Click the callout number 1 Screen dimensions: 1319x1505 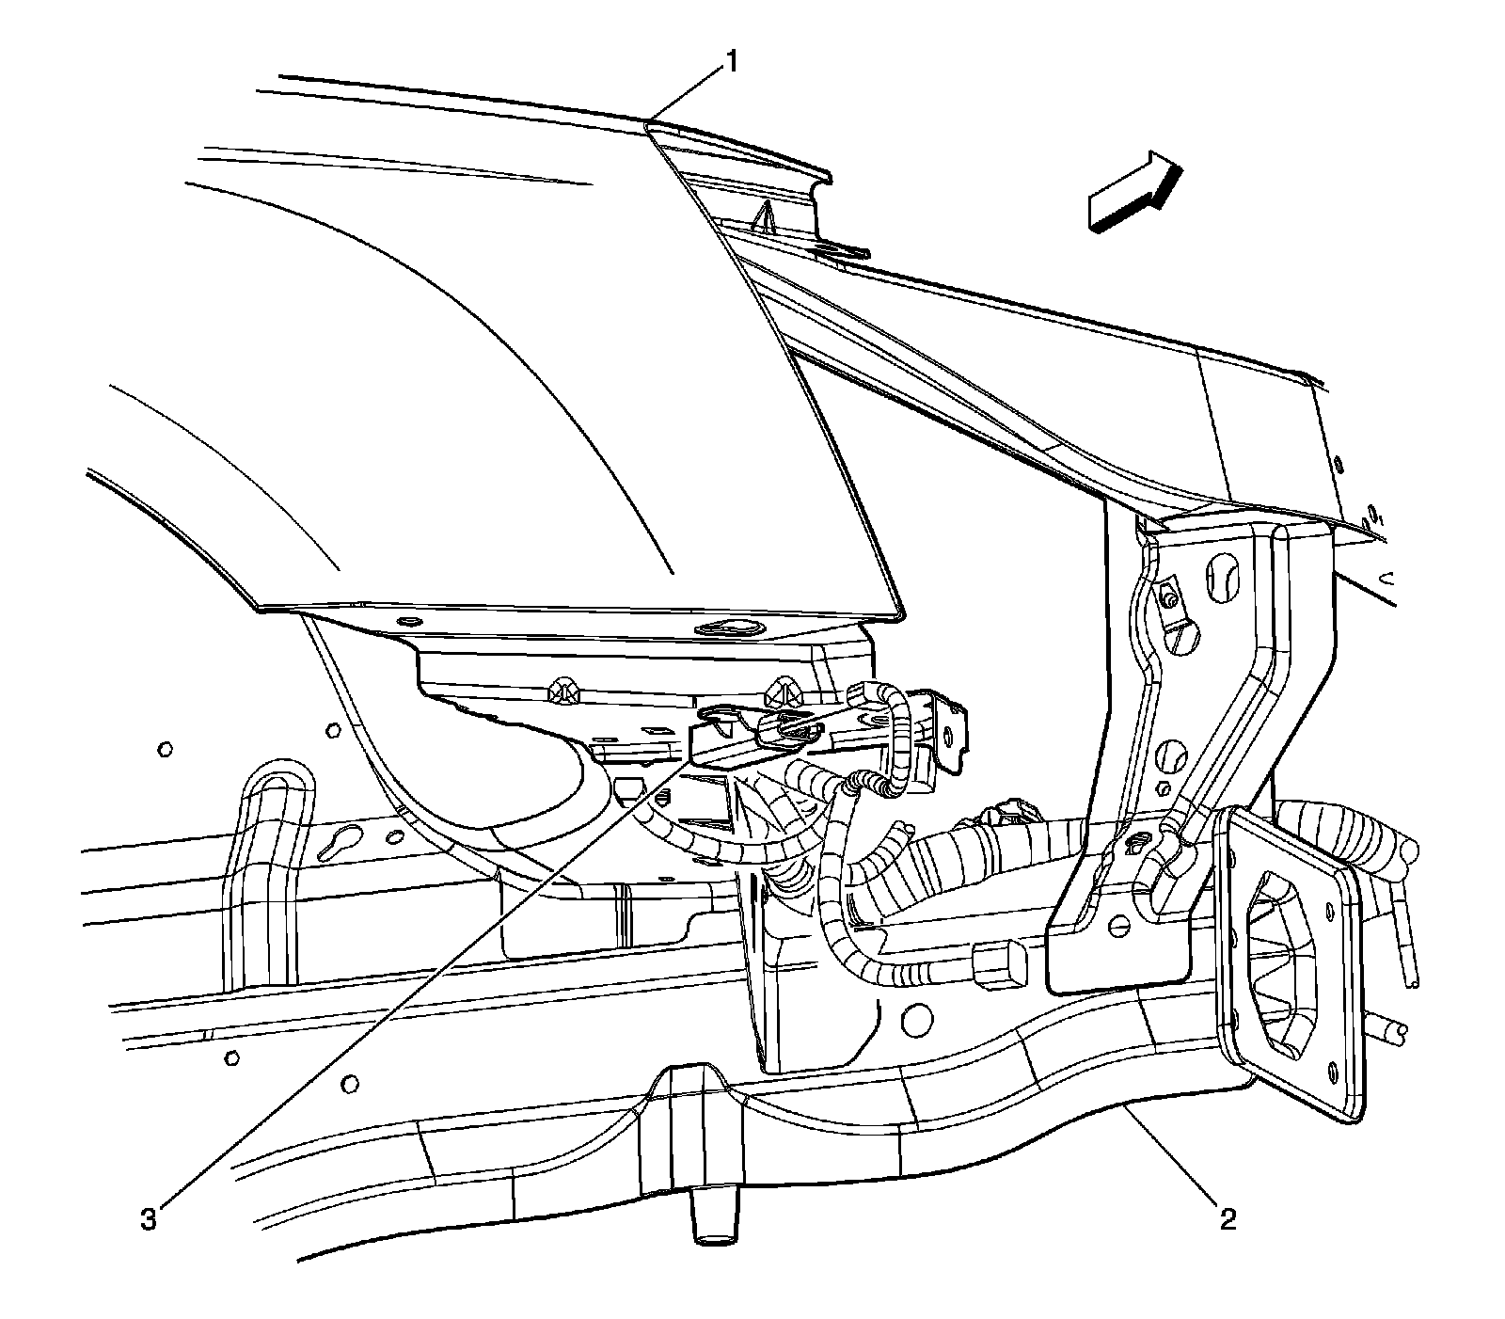[x=730, y=63]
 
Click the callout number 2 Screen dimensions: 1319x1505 [x=1227, y=1220]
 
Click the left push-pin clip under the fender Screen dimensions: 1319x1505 [x=566, y=688]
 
